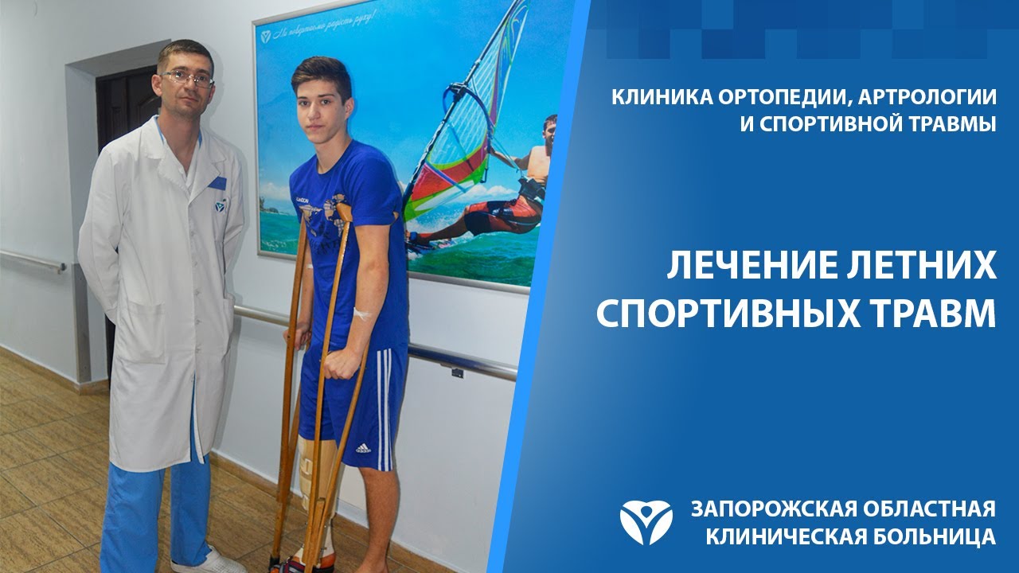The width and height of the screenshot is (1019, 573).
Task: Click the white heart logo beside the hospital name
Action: click(646, 522)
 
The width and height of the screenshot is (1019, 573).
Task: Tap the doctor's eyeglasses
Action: click(188, 78)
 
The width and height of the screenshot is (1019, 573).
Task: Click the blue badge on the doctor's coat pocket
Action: click(217, 183)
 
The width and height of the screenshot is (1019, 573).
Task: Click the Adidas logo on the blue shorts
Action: click(363, 447)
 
